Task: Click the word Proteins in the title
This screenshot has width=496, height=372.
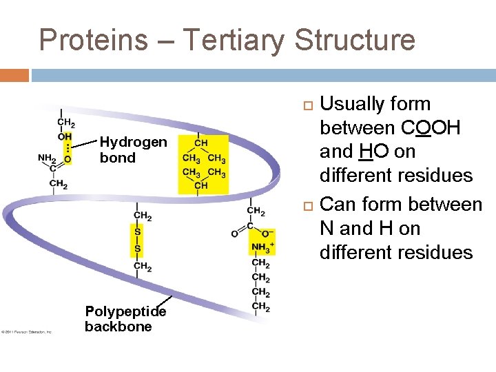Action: [x=93, y=40]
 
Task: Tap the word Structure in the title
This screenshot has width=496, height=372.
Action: [x=355, y=40]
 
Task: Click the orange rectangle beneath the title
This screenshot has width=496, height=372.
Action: [x=14, y=74]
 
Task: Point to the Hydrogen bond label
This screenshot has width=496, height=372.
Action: [x=132, y=149]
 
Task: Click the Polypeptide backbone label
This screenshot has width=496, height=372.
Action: [x=125, y=319]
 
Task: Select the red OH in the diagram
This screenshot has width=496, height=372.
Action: [x=65, y=136]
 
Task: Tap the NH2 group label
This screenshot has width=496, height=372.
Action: [x=47, y=158]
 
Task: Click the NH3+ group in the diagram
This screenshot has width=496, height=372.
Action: [x=262, y=247]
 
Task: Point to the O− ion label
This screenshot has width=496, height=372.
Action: [x=267, y=234]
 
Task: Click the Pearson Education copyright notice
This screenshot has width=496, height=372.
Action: [x=28, y=332]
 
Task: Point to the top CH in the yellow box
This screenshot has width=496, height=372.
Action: [x=200, y=143]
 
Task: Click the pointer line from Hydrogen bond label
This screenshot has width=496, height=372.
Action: [x=83, y=145]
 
